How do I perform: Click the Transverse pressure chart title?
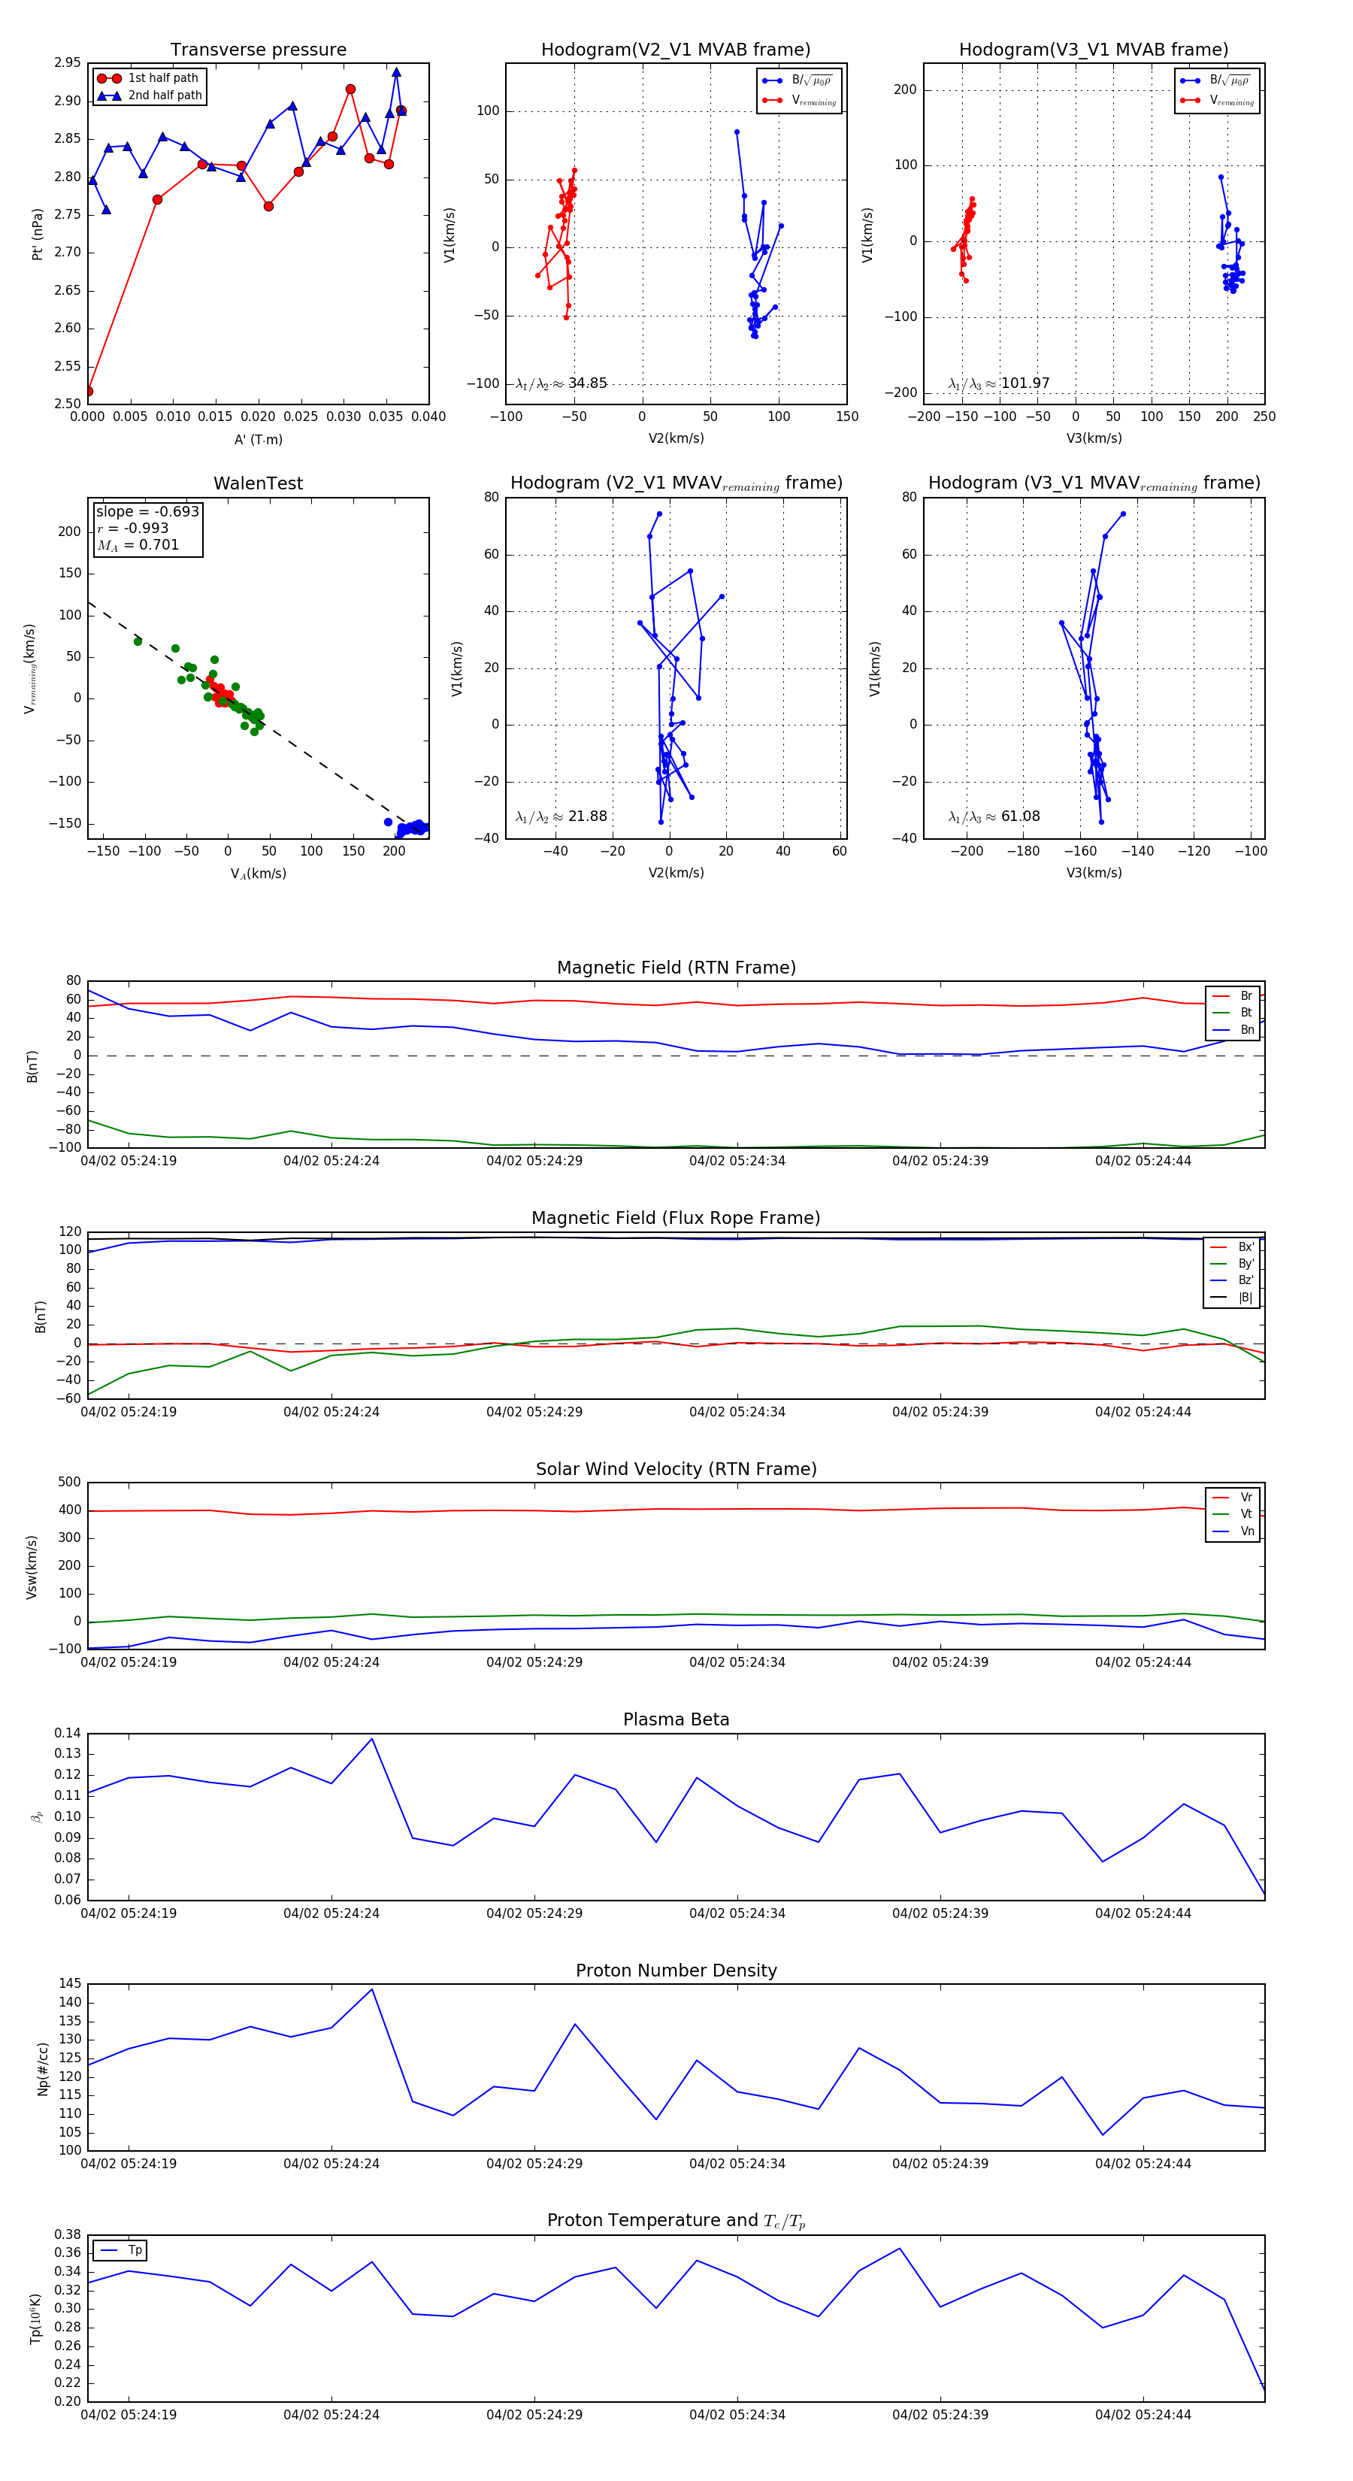tap(258, 50)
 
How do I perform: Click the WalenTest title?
tap(258, 483)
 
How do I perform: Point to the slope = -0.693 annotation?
tap(147, 511)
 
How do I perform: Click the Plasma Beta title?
tap(676, 1719)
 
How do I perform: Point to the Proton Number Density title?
tap(676, 1971)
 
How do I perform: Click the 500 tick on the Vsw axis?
tap(69, 1483)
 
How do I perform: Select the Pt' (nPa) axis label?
tap(38, 234)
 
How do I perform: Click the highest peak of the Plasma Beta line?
tap(372, 1738)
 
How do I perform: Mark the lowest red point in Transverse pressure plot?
tap(89, 391)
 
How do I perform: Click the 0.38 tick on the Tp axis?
tap(68, 2234)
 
